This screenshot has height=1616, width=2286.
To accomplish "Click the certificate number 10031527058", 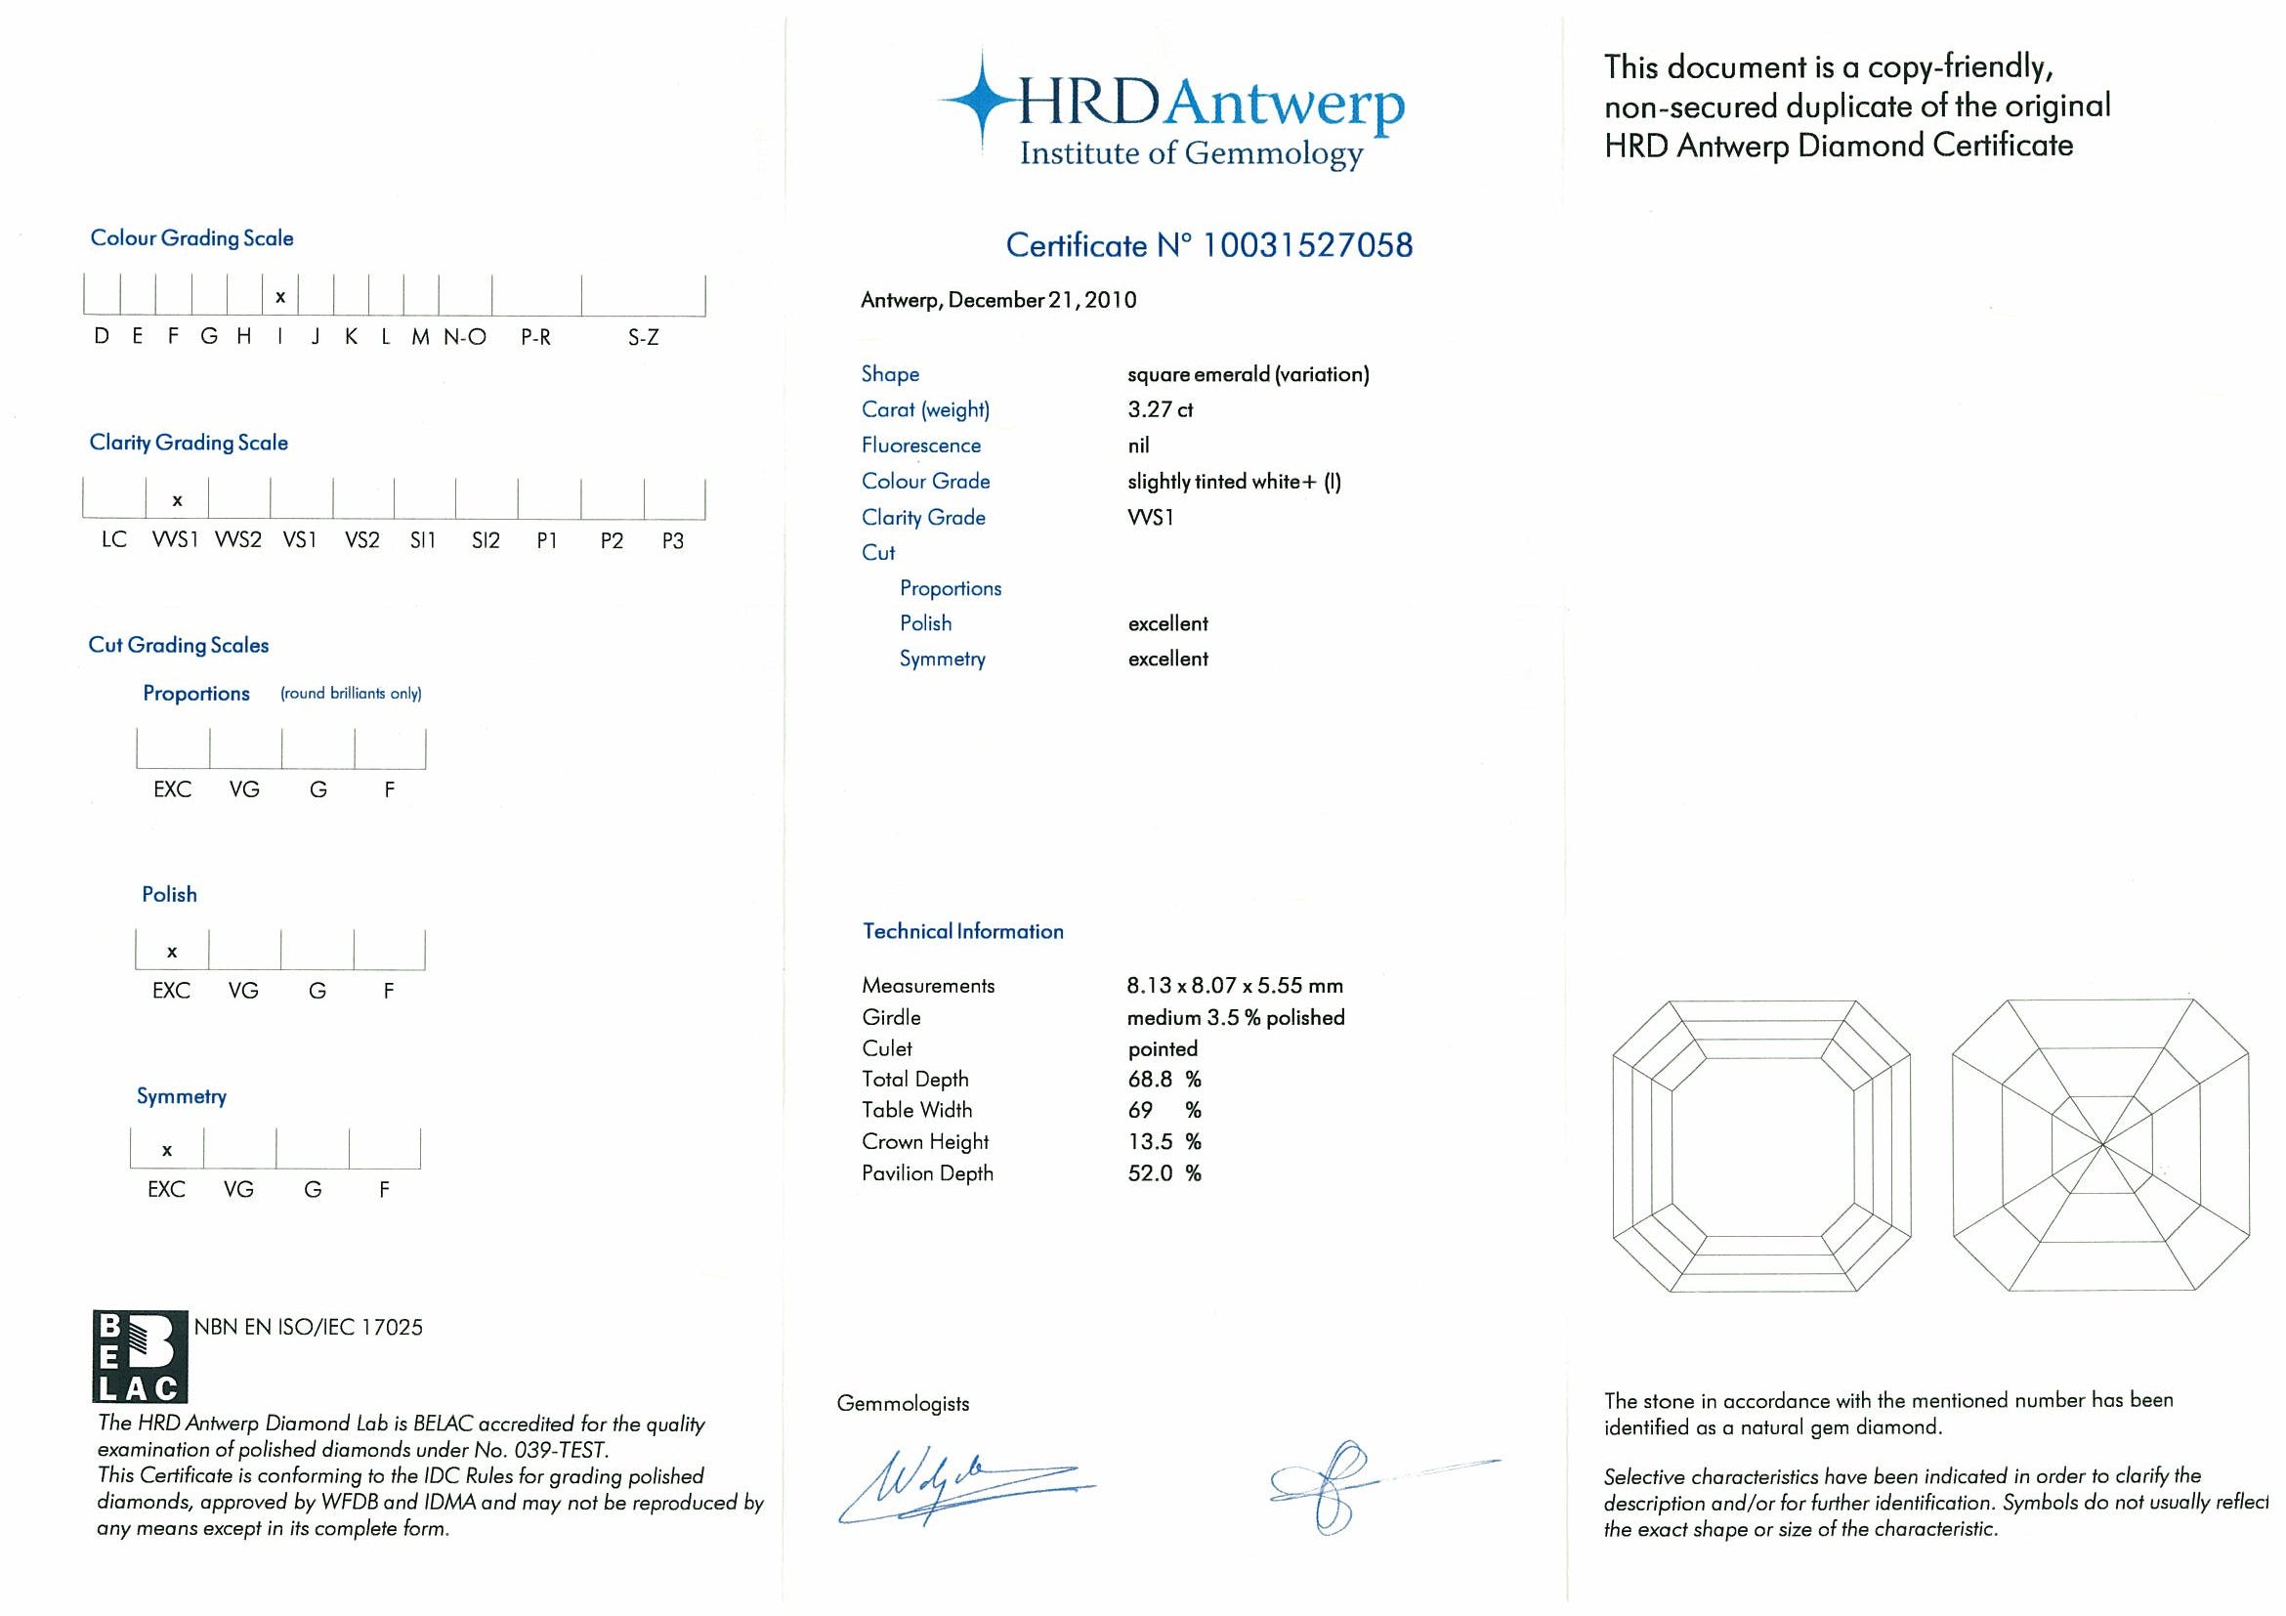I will pyautogui.click(x=1307, y=246).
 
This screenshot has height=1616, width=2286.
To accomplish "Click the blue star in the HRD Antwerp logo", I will pyautogui.click(x=982, y=101).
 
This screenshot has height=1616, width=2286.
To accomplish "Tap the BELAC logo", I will pyautogui.click(x=140, y=1356).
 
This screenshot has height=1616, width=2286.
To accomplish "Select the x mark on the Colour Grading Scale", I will pyautogui.click(x=280, y=297).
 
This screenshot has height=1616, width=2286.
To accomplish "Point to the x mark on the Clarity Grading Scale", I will pyautogui.click(x=177, y=501).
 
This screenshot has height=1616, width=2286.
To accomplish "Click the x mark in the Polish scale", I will pyautogui.click(x=172, y=952).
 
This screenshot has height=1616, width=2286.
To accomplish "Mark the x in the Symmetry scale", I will pyautogui.click(x=167, y=1150).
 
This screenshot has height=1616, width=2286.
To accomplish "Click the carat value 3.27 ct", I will pyautogui.click(x=1160, y=409).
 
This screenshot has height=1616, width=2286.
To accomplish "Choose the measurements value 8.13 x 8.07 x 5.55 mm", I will pyautogui.click(x=1235, y=986).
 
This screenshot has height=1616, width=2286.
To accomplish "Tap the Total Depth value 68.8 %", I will pyautogui.click(x=1164, y=1080).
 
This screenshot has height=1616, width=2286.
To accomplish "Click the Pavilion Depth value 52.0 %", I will pyautogui.click(x=1164, y=1173).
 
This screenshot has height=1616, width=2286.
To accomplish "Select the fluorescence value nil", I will pyautogui.click(x=1138, y=446).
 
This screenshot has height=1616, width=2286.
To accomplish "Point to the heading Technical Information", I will pyautogui.click(x=963, y=931).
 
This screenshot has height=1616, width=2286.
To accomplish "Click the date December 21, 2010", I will pyautogui.click(x=1042, y=300).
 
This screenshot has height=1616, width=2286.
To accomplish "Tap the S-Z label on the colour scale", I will pyautogui.click(x=643, y=337).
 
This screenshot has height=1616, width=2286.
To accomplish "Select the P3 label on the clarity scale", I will pyautogui.click(x=673, y=540).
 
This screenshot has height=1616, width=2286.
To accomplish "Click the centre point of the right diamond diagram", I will pyautogui.click(x=2101, y=1144).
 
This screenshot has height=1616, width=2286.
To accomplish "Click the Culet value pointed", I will pyautogui.click(x=1163, y=1048).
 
